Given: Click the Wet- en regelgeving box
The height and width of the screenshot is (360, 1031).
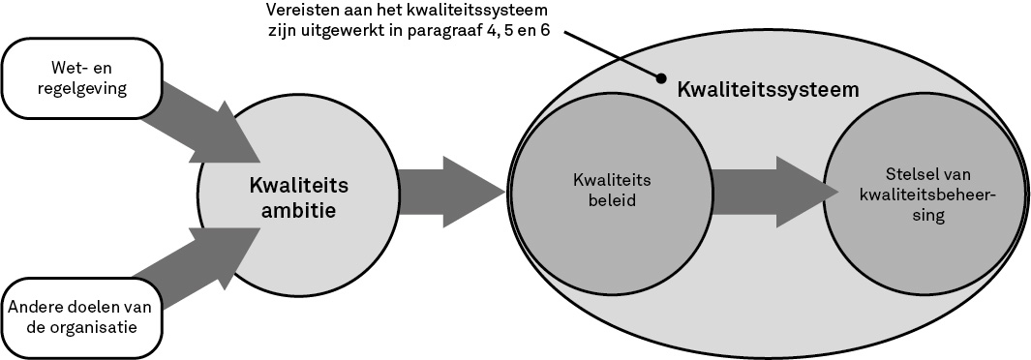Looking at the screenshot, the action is [80, 78].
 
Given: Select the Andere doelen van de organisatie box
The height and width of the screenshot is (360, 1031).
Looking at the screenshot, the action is [80, 317].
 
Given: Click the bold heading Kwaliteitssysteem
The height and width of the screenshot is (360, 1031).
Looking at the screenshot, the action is [768, 90].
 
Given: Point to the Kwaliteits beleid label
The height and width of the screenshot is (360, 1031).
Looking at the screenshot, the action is [612, 191].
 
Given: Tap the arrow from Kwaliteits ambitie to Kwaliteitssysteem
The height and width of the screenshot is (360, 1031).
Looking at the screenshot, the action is [451, 192].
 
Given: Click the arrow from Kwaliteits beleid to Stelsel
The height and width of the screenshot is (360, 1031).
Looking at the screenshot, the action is [774, 192].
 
